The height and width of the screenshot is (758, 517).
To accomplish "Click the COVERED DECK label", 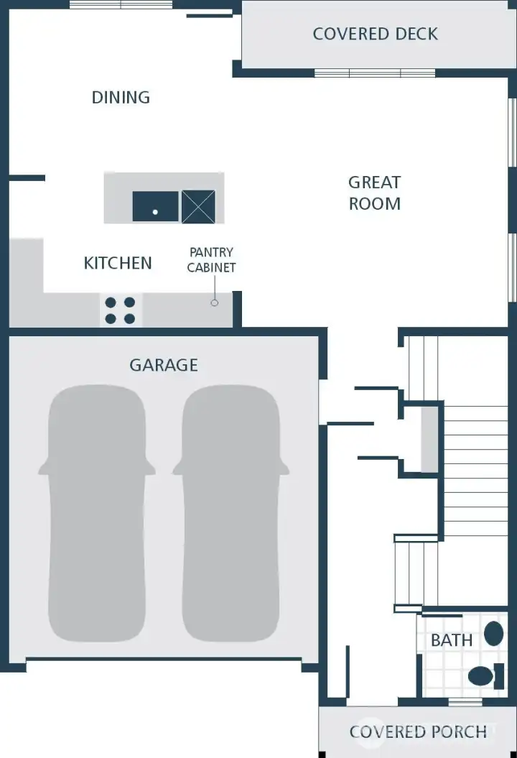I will [375, 34].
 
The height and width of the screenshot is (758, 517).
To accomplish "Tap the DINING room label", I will [121, 97].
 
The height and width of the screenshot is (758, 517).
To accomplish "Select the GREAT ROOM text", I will [374, 193].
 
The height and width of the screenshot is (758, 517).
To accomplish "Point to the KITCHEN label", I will [118, 263].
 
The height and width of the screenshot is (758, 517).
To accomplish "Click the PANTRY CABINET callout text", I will [211, 260].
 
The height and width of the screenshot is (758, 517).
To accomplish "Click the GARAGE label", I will [163, 365].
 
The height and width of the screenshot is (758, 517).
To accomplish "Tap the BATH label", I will [452, 640].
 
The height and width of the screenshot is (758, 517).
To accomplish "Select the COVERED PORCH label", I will [418, 732].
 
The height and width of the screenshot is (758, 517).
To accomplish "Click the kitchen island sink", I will [155, 207].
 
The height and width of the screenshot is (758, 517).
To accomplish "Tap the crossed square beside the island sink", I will [198, 207].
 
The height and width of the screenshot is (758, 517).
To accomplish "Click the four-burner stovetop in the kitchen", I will [120, 310].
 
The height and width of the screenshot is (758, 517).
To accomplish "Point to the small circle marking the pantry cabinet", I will [214, 303].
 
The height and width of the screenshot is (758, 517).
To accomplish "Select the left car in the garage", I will [96, 514].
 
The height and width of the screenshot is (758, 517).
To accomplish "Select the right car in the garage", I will [230, 514].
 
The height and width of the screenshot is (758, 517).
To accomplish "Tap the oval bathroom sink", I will [493, 634].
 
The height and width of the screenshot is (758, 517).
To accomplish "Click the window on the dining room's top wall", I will [121, 5].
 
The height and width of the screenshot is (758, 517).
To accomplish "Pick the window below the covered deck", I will [374, 73].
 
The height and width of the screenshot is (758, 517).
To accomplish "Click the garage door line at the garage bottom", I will [164, 659].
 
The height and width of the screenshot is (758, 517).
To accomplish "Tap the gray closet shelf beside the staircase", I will [429, 439].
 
